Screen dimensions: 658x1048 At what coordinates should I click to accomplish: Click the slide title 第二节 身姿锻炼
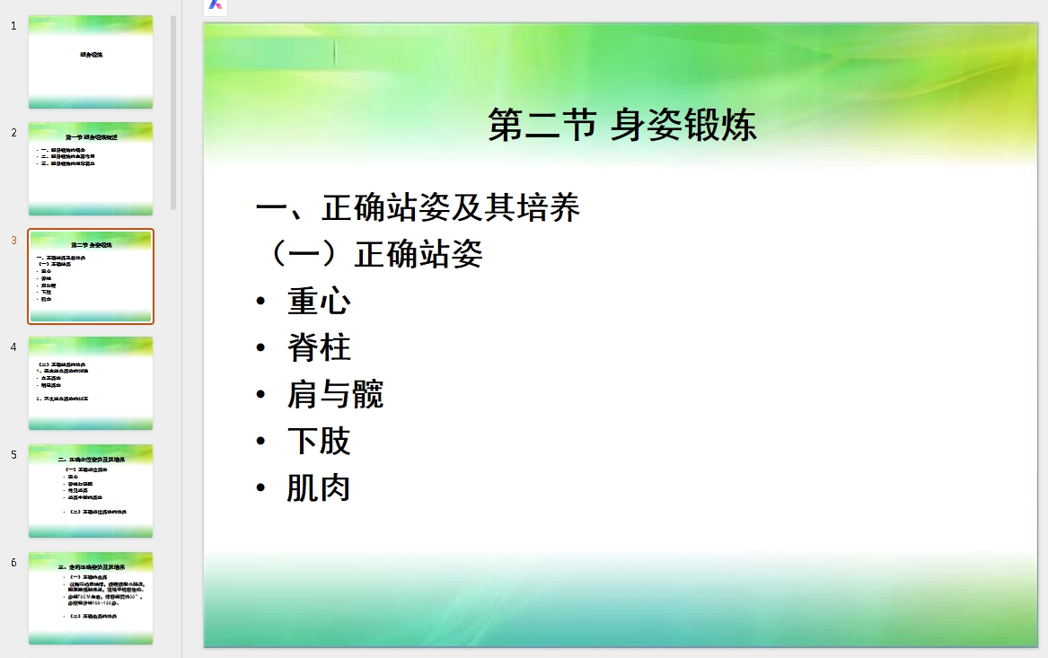tap(621, 125)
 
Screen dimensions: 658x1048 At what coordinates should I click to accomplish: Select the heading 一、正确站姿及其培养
tap(418, 208)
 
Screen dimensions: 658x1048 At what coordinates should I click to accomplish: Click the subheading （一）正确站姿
tap(370, 254)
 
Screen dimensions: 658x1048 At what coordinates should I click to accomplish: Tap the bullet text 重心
tap(319, 301)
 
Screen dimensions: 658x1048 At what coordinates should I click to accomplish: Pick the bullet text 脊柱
tap(319, 347)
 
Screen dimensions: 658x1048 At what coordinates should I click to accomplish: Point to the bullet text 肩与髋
tap(335, 394)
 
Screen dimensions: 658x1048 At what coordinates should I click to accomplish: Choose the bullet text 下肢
tap(319, 441)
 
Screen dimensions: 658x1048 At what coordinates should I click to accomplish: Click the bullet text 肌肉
tap(319, 487)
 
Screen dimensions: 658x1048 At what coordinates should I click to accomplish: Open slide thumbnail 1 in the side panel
tap(91, 62)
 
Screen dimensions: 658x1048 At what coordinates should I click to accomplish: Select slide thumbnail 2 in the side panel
tap(91, 169)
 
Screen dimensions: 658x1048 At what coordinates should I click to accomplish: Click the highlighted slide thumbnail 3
tap(91, 276)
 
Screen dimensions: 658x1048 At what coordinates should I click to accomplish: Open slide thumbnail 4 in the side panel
tap(91, 383)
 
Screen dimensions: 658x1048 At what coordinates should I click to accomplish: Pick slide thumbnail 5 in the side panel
tap(91, 491)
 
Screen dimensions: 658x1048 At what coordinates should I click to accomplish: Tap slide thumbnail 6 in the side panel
tap(91, 598)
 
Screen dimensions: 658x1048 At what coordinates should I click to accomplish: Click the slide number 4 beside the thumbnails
tap(13, 347)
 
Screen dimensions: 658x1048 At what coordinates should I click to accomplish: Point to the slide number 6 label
tap(13, 562)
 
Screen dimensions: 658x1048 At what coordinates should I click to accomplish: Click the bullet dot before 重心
tap(260, 301)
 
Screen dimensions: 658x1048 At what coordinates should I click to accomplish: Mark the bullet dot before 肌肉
tap(260, 487)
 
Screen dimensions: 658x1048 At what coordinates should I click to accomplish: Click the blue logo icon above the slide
tap(216, 4)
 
